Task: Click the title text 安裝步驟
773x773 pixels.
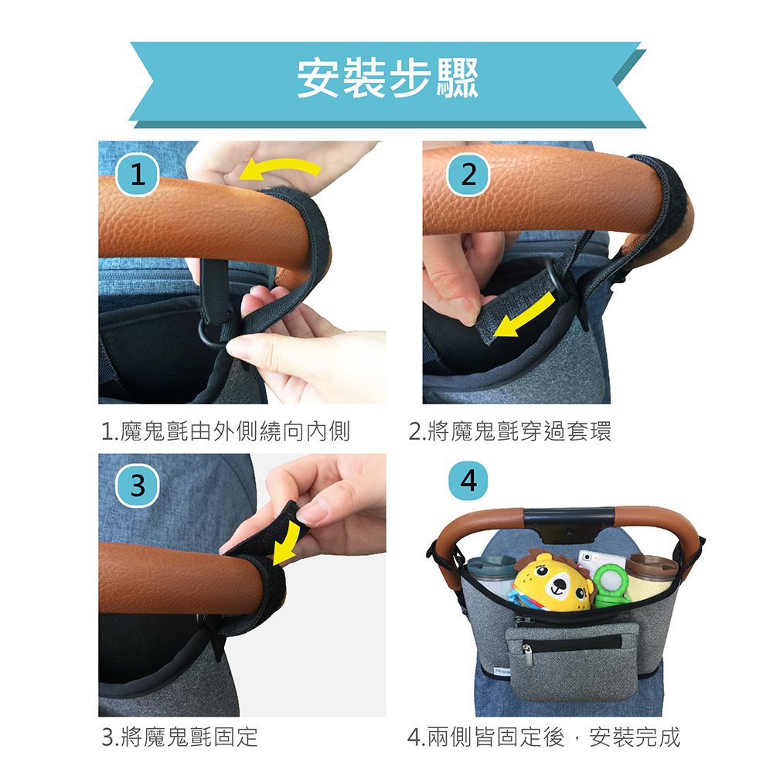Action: click(387, 78)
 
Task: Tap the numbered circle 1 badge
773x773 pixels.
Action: click(138, 175)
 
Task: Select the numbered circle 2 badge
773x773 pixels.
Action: click(468, 175)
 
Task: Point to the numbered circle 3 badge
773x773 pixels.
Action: click(138, 485)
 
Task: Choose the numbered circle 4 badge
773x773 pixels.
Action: click(468, 481)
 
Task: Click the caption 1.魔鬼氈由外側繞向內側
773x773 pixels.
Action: click(225, 432)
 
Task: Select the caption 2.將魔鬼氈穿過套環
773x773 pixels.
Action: click(509, 432)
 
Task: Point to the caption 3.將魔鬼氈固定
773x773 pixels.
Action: click(179, 737)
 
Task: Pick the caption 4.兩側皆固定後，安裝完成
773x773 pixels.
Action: click(543, 737)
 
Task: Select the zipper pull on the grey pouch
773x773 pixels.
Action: click(527, 656)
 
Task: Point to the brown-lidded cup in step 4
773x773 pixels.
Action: click(652, 576)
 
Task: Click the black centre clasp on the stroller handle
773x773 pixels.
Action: click(569, 524)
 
